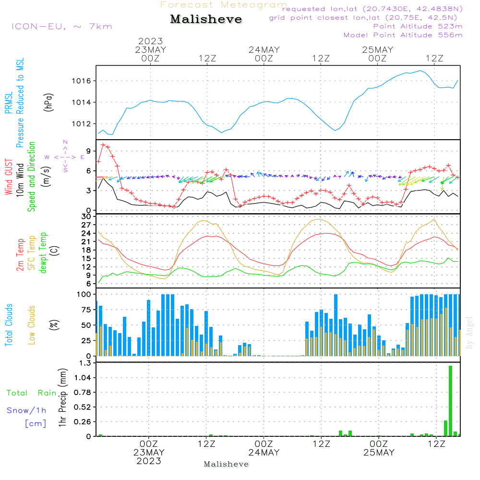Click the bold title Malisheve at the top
pyautogui.click(x=206, y=20)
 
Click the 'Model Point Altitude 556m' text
pyautogui.click(x=403, y=35)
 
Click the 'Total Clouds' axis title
pyautogui.click(x=9, y=325)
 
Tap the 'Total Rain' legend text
pyautogui.click(x=32, y=393)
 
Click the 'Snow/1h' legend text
pyautogui.click(x=26, y=410)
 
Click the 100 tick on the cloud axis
pyautogui.click(x=84, y=294)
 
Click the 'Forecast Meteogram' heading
pyautogui.click(x=224, y=5)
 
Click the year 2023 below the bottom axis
pyautogui.click(x=149, y=461)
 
